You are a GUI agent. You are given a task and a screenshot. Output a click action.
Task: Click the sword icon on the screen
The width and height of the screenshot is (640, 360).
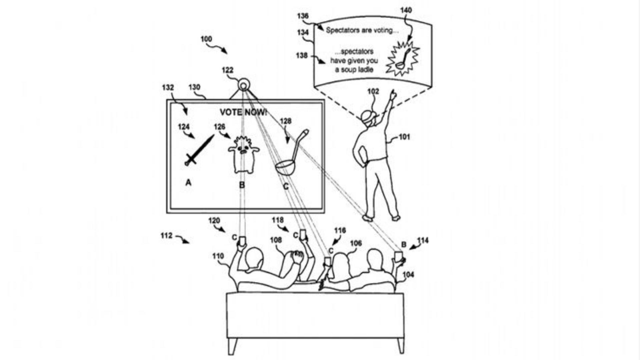(x=199, y=150)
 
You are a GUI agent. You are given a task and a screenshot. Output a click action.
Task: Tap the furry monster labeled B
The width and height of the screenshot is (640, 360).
(x=244, y=154)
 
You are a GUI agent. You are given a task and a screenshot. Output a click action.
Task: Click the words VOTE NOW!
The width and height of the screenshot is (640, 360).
(x=243, y=112)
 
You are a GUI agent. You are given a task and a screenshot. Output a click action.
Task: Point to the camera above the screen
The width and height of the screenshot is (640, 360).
(x=244, y=85)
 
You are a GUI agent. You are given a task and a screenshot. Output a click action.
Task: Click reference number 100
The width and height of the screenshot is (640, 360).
(x=206, y=39)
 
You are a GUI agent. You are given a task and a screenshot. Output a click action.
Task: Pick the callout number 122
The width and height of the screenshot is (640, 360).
(x=228, y=70)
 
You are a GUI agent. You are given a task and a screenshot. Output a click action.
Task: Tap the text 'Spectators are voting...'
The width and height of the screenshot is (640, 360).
(x=362, y=30)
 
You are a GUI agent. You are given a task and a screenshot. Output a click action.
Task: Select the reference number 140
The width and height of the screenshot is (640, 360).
(x=406, y=10)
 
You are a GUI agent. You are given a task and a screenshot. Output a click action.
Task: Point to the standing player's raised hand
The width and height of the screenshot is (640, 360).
(x=393, y=95)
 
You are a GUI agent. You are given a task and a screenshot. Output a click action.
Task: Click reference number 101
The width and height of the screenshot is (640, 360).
(x=404, y=137)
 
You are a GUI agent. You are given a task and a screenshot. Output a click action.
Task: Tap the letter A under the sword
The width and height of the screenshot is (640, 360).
(x=188, y=182)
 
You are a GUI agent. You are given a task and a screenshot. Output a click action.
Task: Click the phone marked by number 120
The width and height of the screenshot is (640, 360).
(x=242, y=241)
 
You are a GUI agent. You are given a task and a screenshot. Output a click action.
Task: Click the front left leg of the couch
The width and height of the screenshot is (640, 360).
(x=233, y=346)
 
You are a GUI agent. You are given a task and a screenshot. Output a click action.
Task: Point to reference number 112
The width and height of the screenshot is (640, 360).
(x=166, y=236)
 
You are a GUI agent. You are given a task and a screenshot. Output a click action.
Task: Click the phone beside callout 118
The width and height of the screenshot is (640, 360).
(x=303, y=235)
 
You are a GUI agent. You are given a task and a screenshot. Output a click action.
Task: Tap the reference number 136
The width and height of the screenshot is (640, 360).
(x=303, y=16)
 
